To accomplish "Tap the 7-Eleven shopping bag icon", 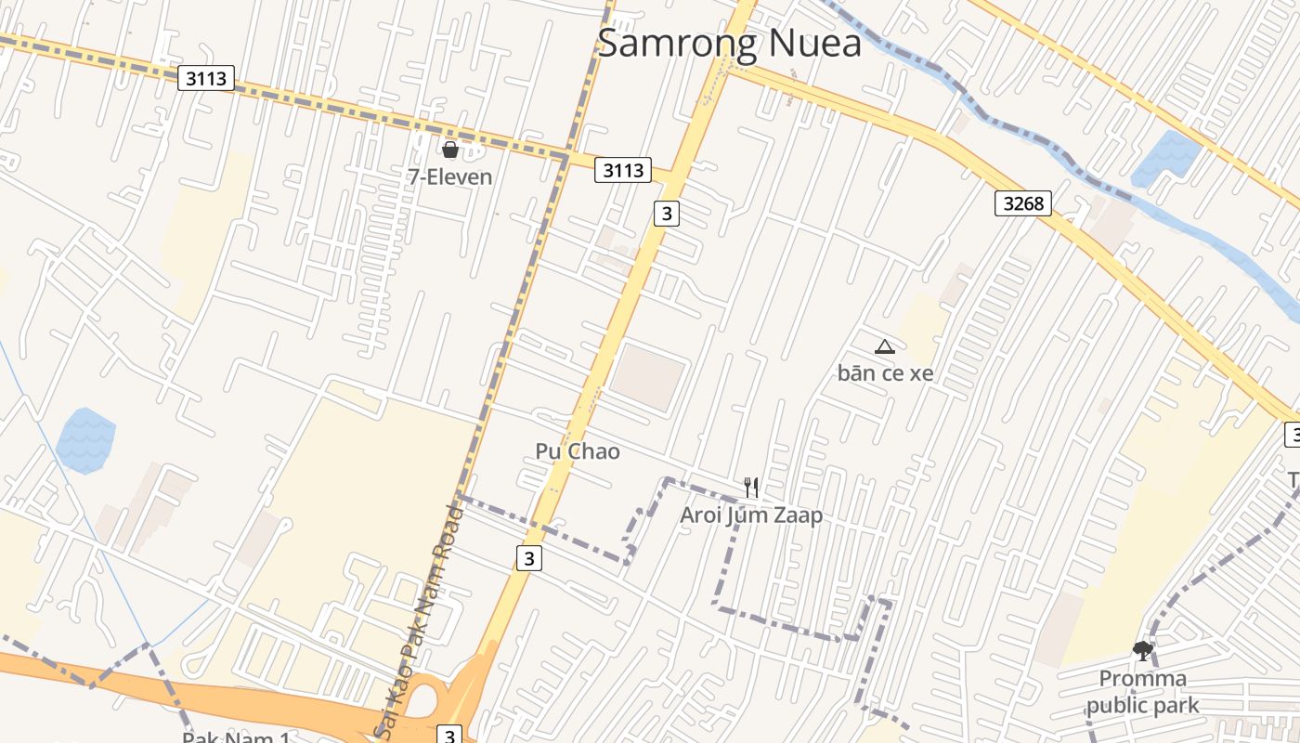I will (x=450, y=150).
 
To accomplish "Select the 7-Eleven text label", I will (x=450, y=176).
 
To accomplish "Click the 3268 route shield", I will (x=1022, y=202).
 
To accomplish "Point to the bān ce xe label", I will (x=885, y=373).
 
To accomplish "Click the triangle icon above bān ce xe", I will (x=884, y=347).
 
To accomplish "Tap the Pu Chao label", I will (x=577, y=451).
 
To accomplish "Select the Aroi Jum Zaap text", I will (x=751, y=515).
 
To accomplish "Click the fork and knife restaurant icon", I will (x=751, y=487).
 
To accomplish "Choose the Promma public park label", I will (x=1142, y=692).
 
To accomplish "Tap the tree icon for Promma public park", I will (x=1143, y=651).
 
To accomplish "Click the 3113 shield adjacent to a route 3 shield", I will (x=623, y=170).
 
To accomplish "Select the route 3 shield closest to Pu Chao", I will (x=528, y=558).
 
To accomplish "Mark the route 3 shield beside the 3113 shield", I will (x=666, y=214).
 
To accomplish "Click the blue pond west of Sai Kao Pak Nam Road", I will (x=85, y=440).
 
